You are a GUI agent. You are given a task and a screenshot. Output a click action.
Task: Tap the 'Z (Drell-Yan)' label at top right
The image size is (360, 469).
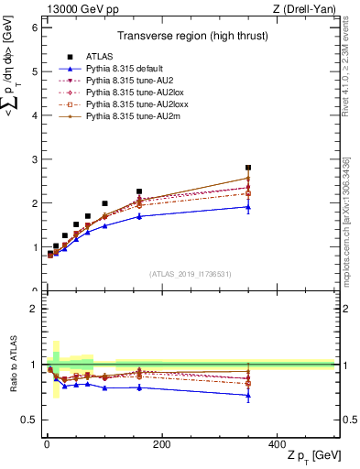301,8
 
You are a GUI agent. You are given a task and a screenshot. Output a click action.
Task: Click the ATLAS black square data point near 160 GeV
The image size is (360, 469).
139,191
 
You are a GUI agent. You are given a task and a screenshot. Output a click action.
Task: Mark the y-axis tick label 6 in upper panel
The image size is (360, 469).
34,27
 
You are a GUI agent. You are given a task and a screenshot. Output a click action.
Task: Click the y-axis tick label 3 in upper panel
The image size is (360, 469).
34,159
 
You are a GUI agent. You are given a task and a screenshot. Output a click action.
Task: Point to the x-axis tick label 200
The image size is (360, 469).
161,444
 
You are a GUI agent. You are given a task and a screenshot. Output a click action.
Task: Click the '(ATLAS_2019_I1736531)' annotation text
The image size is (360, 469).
189,274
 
